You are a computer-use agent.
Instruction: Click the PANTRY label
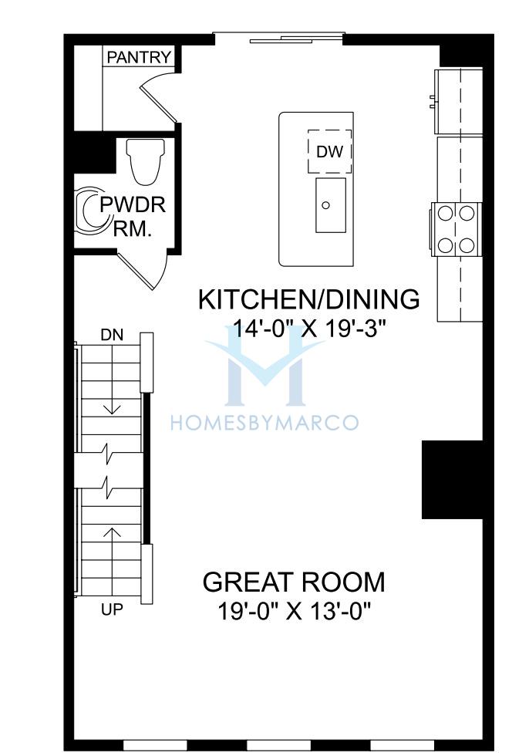click(x=139, y=57)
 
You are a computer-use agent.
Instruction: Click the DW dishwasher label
click(x=330, y=152)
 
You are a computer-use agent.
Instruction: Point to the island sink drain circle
click(x=325, y=205)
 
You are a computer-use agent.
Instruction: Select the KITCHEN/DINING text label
click(x=308, y=299)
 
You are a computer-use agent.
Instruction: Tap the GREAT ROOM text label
click(x=294, y=582)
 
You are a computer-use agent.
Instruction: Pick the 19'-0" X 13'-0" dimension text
click(x=295, y=612)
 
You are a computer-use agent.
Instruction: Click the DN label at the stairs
click(x=112, y=335)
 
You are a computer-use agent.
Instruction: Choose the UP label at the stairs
click(x=112, y=610)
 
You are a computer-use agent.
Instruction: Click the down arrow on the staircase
click(x=113, y=395)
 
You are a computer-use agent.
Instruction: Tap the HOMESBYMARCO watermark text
click(x=264, y=423)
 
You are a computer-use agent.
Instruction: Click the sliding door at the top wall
click(x=279, y=38)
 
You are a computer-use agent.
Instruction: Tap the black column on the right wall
click(x=453, y=480)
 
